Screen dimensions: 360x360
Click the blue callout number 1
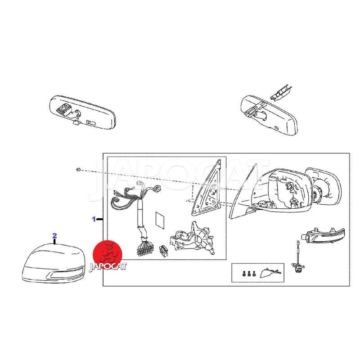(94, 219)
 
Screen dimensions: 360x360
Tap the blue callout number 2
(54, 235)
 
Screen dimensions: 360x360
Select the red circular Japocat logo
(108, 254)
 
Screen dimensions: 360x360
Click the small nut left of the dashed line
(78, 170)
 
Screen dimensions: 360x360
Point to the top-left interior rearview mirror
(83, 112)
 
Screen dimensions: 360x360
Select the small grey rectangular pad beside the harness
(160, 220)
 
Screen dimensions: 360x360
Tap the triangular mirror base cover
(206, 188)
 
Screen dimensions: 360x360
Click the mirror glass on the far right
(323, 186)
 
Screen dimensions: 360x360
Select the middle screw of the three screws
(249, 274)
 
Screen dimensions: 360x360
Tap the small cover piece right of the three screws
(270, 273)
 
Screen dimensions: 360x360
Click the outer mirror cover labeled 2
(54, 263)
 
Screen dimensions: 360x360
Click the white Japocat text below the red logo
(108, 266)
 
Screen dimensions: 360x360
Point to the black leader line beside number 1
(99, 220)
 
